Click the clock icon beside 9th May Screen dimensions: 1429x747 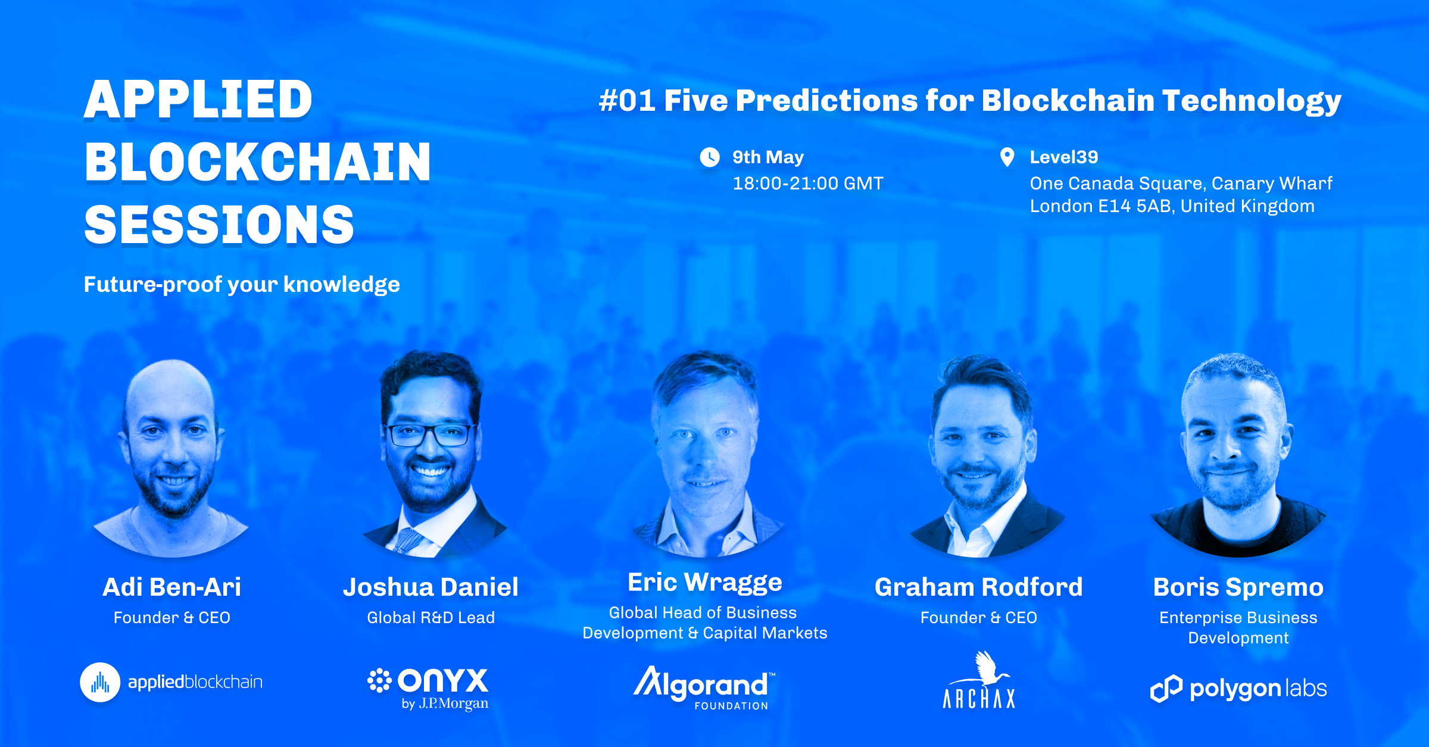pyautogui.click(x=709, y=157)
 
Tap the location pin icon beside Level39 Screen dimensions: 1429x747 pyautogui.click(x=1007, y=157)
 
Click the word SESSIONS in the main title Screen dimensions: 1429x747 pyautogui.click(x=219, y=225)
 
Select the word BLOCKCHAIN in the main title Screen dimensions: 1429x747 pyautogui.click(x=257, y=162)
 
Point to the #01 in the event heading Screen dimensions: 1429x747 pyautogui.click(x=628, y=100)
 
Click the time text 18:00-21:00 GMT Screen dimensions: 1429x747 pyautogui.click(x=808, y=183)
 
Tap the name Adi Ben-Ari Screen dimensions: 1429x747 pyautogui.click(x=172, y=587)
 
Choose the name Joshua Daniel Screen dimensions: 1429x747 pyautogui.click(x=430, y=587)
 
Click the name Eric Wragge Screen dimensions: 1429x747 pyautogui.click(x=705, y=583)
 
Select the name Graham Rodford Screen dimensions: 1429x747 pyautogui.click(x=979, y=587)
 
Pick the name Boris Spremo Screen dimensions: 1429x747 pyautogui.click(x=1238, y=588)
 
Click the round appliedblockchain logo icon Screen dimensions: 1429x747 pyautogui.click(x=100, y=683)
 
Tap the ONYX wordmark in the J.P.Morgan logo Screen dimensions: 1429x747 pyautogui.click(x=443, y=680)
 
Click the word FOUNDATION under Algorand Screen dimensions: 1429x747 pyautogui.click(x=731, y=706)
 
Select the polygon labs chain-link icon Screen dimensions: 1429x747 pyautogui.click(x=1166, y=689)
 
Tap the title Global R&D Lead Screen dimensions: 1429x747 pyautogui.click(x=431, y=618)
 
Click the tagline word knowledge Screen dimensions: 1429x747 pyautogui.click(x=342, y=285)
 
